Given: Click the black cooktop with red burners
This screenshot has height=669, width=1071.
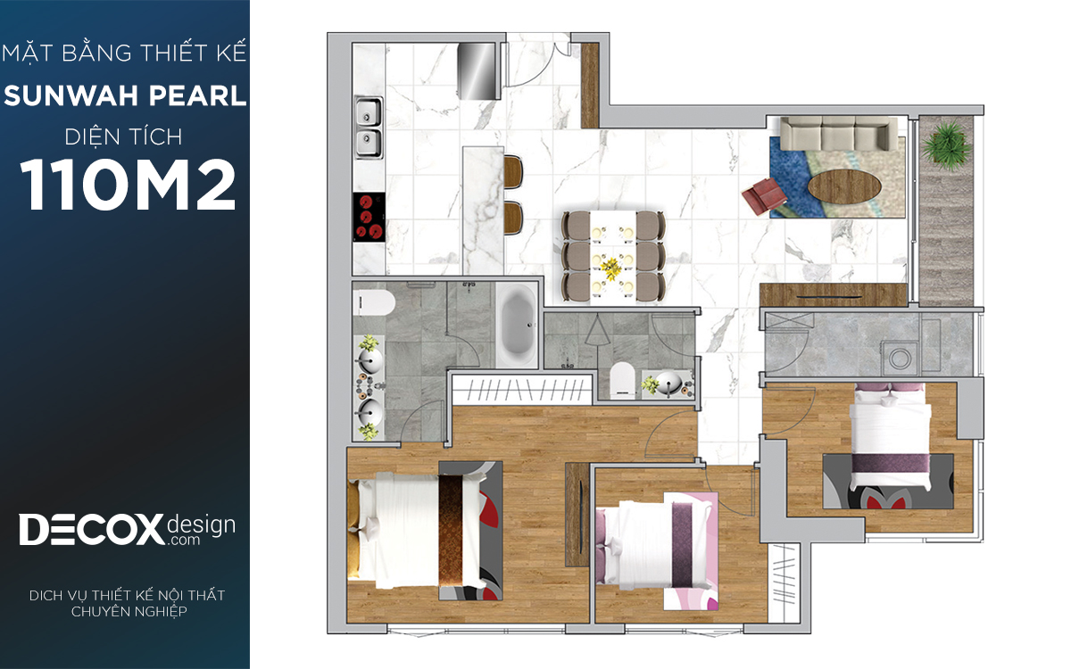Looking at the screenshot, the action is (x=369, y=217).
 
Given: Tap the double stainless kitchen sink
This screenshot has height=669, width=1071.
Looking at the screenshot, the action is (x=369, y=128).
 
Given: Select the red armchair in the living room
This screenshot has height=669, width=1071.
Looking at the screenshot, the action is (x=764, y=194).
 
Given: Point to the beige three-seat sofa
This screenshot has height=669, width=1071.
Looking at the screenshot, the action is (x=839, y=135).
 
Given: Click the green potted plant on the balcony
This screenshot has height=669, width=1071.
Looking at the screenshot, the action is (x=946, y=145).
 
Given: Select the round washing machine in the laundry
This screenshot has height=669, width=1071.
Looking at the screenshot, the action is (x=900, y=359).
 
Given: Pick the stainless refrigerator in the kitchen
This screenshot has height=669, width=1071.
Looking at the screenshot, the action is (x=477, y=70).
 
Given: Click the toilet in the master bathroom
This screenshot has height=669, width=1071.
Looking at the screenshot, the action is (x=374, y=303).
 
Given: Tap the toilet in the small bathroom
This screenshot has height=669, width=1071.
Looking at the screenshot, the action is (x=622, y=379).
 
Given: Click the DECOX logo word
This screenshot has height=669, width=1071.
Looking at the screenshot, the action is (x=91, y=529).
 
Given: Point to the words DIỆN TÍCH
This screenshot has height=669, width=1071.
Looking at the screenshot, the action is (x=124, y=137).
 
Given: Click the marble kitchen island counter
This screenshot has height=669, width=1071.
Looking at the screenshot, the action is (x=484, y=211).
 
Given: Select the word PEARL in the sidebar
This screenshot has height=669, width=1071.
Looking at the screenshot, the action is (x=197, y=96).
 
